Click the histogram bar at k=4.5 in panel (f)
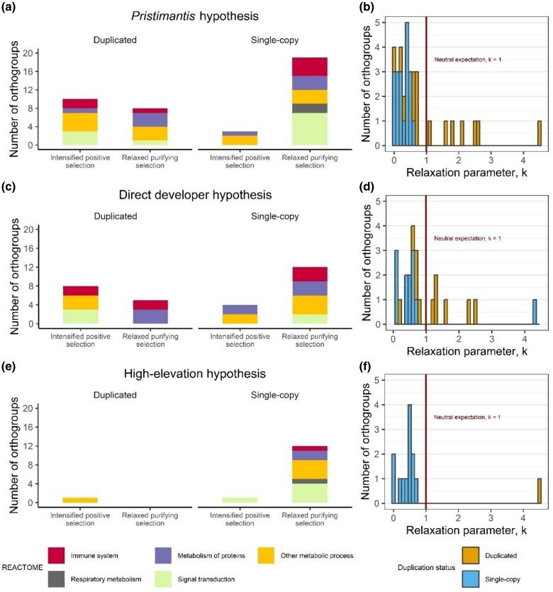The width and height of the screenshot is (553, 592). click(540, 491)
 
